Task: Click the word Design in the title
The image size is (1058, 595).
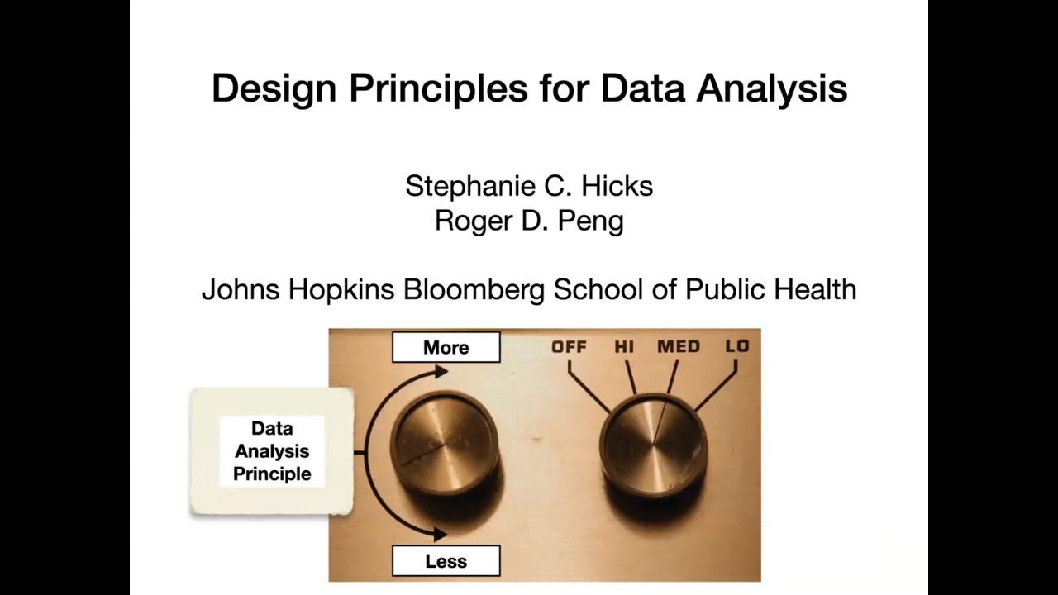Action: click(273, 88)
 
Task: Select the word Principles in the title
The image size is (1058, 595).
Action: click(438, 88)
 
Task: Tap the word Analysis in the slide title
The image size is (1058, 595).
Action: click(771, 88)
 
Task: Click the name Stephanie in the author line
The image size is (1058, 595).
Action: click(465, 186)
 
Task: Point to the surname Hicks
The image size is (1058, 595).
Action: click(617, 186)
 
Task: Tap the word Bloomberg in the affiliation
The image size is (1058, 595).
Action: click(474, 290)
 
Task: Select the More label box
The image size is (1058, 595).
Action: click(446, 347)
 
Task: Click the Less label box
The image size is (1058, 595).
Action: click(446, 561)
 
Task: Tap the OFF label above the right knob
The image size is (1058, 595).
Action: click(569, 346)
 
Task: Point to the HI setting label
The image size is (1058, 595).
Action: click(624, 346)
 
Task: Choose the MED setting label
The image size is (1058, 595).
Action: click(679, 346)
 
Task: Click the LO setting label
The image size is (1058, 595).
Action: click(736, 346)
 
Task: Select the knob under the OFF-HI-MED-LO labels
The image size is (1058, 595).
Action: click(653, 446)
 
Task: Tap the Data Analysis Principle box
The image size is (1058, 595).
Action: click(272, 451)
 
